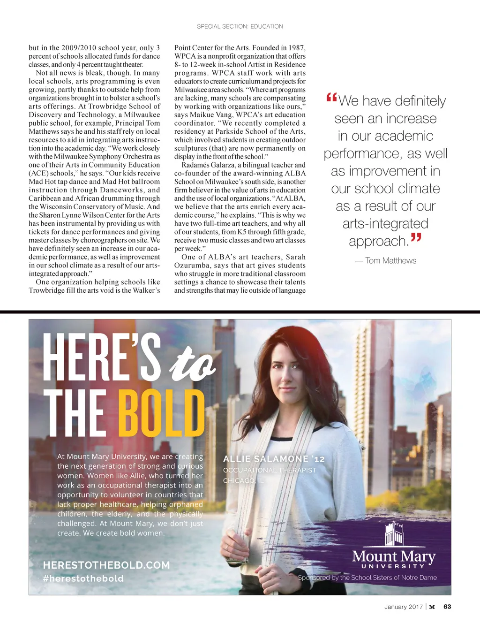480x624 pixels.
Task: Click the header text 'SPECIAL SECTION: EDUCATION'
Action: pos(240,27)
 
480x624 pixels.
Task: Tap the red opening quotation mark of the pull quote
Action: pos(331,98)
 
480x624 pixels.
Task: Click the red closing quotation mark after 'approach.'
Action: pos(416,238)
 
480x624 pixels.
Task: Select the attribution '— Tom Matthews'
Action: pos(385,261)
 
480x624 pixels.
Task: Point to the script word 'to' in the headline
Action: pos(192,364)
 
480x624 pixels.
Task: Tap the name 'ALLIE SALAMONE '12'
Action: pos(274,459)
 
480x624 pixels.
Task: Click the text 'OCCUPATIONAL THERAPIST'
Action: pos(270,470)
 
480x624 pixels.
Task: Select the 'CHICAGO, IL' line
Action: pos(243,481)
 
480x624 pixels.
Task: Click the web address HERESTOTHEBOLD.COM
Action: pos(106,565)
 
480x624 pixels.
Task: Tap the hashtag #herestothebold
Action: pos(83,578)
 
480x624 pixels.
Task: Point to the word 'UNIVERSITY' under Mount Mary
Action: pos(393,566)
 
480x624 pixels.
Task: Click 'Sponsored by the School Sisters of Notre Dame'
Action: pos(367,578)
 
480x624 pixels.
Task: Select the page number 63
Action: pos(447,607)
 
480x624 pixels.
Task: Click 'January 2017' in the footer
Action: pos(403,607)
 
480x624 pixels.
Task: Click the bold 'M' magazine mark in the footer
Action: pos(432,607)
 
